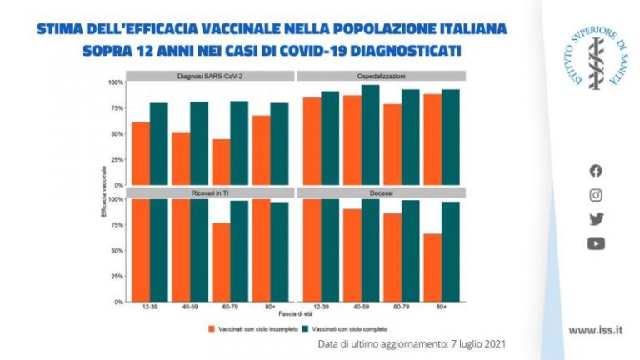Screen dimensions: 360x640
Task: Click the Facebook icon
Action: pyautogui.click(x=596, y=171)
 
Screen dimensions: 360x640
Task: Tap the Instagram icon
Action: pyautogui.click(x=596, y=195)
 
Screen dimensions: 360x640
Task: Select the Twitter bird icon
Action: pyautogui.click(x=596, y=219)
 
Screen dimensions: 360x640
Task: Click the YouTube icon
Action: pyautogui.click(x=596, y=243)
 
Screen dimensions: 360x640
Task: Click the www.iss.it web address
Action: pyautogui.click(x=595, y=330)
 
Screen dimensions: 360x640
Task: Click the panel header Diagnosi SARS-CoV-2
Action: pyautogui.click(x=210, y=76)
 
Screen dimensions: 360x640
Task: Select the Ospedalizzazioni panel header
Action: pyautogui.click(x=382, y=76)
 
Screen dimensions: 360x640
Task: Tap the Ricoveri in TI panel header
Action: pyautogui.click(x=210, y=192)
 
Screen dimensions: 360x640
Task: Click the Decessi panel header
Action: pyautogui.click(x=382, y=192)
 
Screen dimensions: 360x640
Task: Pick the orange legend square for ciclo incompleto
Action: pyautogui.click(x=212, y=329)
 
